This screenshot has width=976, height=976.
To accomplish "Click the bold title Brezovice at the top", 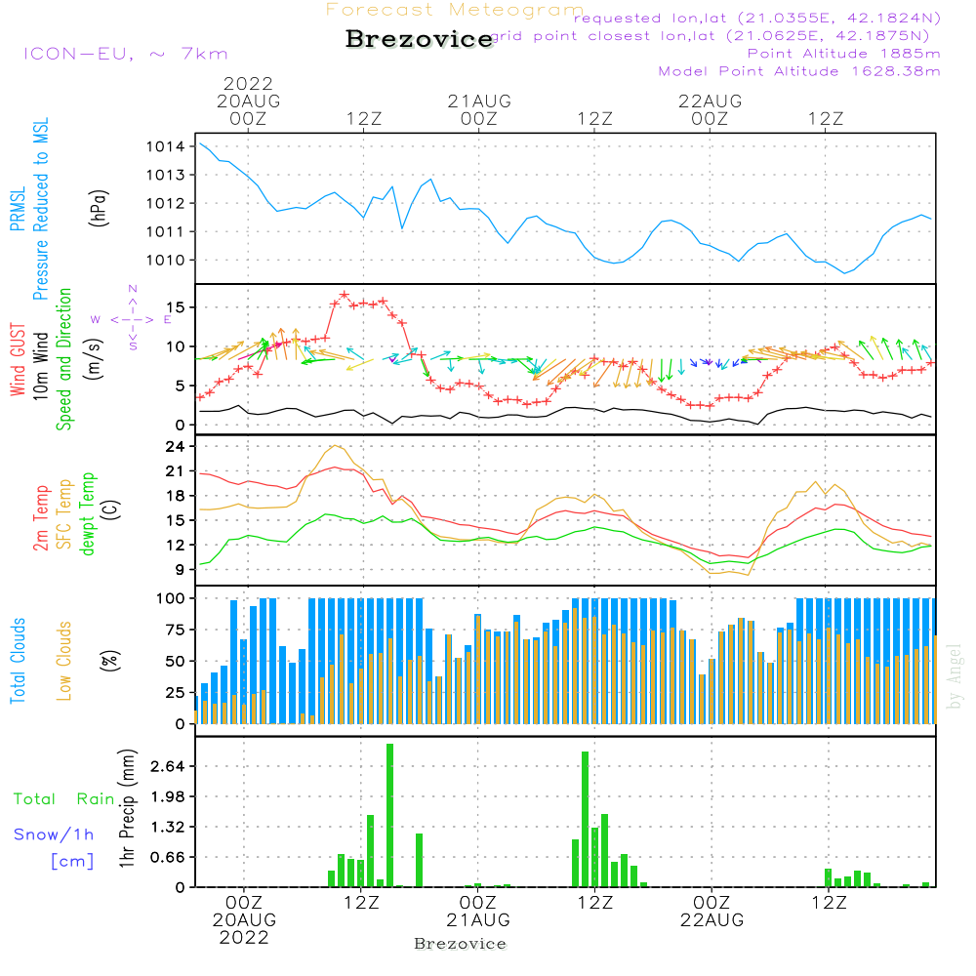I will pos(420,40).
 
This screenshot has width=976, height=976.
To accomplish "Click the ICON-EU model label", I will pos(125,54).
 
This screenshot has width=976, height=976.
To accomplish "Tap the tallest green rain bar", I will pos(389,815).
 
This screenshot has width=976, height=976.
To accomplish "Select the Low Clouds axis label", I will pos(64,661).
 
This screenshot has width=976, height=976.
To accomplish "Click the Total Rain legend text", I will pos(64,799).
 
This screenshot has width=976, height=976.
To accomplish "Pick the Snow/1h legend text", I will pos(55,834).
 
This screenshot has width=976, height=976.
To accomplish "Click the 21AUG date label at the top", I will pos(479,101).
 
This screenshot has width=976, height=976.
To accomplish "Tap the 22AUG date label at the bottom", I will pos(712,920).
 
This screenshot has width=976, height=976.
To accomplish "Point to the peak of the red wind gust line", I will pos(345,294).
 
